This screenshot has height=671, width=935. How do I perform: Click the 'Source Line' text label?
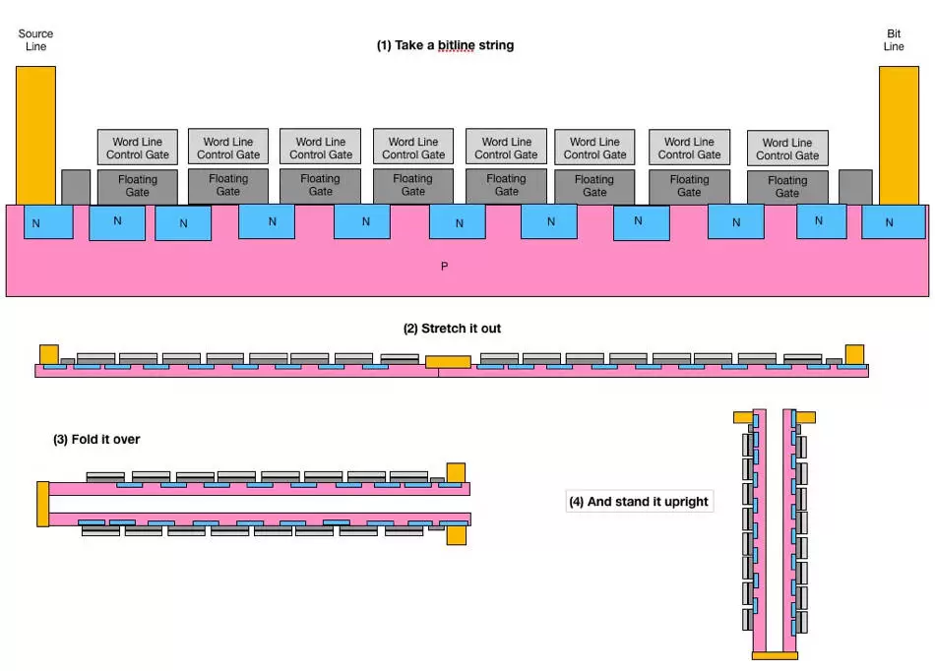[35, 40]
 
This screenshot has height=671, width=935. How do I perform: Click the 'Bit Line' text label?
[894, 40]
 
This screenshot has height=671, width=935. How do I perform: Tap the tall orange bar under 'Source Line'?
[35, 135]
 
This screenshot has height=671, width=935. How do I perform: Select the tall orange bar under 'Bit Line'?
[898, 135]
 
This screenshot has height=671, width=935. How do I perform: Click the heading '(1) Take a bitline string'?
[445, 45]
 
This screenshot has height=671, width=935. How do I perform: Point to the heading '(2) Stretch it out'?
[452, 328]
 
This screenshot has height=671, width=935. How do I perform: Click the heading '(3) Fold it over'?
[96, 439]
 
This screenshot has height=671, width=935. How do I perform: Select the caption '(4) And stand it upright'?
[638, 502]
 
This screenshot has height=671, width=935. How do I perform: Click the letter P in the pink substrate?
[444, 266]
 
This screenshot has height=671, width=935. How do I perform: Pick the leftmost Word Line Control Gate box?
[138, 148]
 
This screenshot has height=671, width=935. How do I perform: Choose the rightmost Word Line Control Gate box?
[787, 149]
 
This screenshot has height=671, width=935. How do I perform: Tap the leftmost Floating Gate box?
[138, 186]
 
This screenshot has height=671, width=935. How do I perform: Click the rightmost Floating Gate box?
[787, 187]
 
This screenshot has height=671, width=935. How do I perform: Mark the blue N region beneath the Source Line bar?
[36, 222]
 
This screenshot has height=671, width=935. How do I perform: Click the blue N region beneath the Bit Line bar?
[890, 222]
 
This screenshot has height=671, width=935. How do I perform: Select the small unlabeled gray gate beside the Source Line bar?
[76, 187]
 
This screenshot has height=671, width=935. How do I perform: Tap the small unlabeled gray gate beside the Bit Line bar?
[854, 187]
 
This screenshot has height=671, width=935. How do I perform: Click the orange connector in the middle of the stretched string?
[447, 362]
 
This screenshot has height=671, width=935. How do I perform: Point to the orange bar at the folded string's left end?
[41, 503]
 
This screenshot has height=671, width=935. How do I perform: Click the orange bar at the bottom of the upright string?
[774, 654]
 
